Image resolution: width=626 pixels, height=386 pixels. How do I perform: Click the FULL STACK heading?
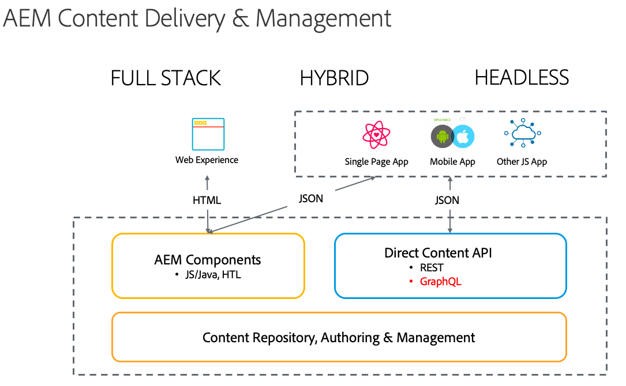[166, 78]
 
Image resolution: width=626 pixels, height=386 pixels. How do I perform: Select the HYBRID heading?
[334, 78]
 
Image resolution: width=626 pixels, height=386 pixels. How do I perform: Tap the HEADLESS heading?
[522, 78]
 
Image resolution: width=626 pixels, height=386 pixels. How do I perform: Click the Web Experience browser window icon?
[208, 134]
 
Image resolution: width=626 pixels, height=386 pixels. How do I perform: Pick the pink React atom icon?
[376, 135]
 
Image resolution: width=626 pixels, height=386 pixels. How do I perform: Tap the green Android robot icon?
[443, 137]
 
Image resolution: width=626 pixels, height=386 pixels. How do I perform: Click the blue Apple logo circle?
[463, 137]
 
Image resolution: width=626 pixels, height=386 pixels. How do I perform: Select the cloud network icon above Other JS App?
[522, 134]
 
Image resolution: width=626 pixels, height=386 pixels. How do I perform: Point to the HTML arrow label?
[207, 200]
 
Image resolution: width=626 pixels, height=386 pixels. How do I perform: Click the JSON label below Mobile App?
[447, 200]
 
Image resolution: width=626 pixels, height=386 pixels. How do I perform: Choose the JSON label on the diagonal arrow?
[311, 199]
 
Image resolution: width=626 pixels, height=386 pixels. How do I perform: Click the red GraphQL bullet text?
[440, 282]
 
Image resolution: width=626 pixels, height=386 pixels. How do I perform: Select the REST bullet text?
[432, 268]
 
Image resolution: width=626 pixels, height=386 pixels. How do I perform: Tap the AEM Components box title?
[208, 260]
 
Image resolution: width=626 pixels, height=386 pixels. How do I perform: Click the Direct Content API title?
[438, 253]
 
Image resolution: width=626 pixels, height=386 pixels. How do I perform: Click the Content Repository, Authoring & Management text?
[339, 338]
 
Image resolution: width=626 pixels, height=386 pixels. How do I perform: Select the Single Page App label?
[376, 162]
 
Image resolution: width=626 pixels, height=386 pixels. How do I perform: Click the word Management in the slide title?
[324, 18]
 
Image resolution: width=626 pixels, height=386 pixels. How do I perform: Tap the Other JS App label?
[522, 162]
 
